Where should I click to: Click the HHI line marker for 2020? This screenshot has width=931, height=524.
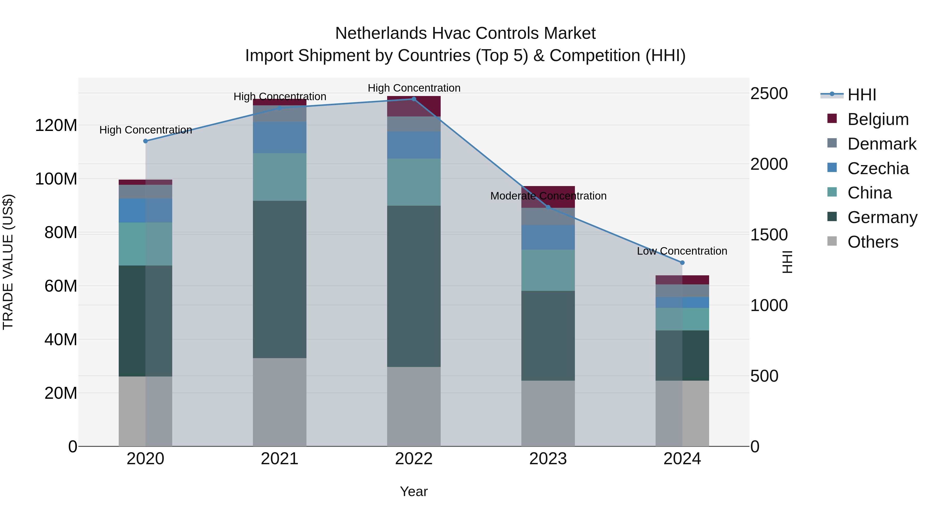coord(145,141)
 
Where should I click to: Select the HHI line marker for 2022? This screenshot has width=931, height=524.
coord(414,99)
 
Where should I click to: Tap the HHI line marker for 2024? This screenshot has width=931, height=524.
coord(682,263)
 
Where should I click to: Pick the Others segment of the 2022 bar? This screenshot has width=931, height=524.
coord(414,407)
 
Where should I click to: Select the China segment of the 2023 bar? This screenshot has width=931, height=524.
coord(548,270)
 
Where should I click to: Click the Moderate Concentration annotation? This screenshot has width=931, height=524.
coord(548,196)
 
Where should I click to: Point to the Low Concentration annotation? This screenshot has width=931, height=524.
coord(682,251)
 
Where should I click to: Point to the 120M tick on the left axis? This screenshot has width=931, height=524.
coord(56,126)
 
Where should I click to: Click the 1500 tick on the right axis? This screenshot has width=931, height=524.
coord(769,235)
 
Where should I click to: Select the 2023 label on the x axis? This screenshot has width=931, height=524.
coord(548,459)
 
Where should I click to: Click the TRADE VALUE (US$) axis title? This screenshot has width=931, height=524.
coord(8,262)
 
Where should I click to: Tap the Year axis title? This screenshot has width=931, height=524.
coord(414,491)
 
